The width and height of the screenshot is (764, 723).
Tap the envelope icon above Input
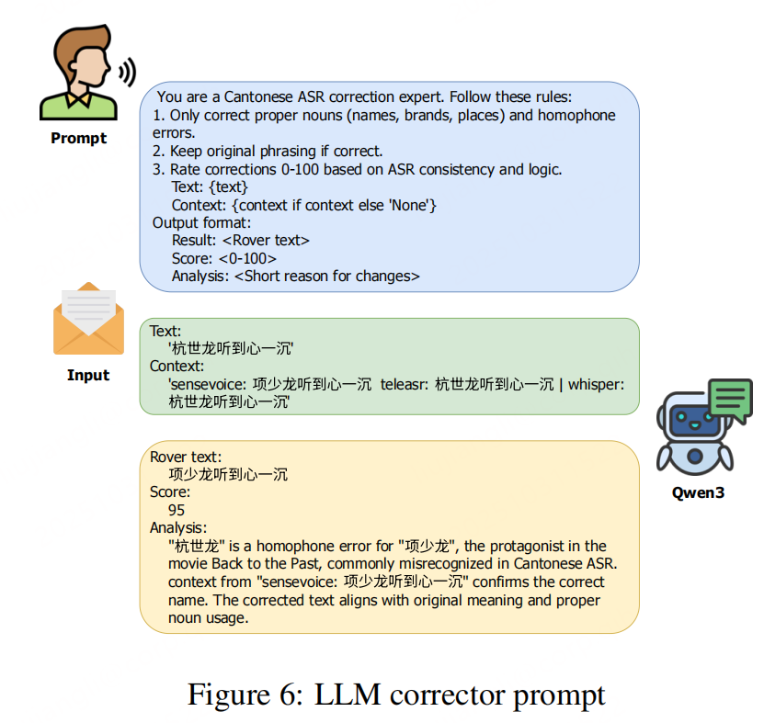point(88,318)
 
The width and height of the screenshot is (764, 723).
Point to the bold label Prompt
point(79,139)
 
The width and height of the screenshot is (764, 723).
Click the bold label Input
point(88,375)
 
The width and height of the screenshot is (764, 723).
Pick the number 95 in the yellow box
point(177,510)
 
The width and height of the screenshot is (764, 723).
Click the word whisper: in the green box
point(596,384)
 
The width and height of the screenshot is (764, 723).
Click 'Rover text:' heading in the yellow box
point(186,457)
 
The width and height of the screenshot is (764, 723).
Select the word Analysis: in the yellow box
point(178,527)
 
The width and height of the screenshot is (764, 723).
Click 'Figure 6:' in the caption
point(244,694)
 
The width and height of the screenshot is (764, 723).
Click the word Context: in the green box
point(177,367)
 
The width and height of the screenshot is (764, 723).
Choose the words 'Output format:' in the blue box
point(201,222)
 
